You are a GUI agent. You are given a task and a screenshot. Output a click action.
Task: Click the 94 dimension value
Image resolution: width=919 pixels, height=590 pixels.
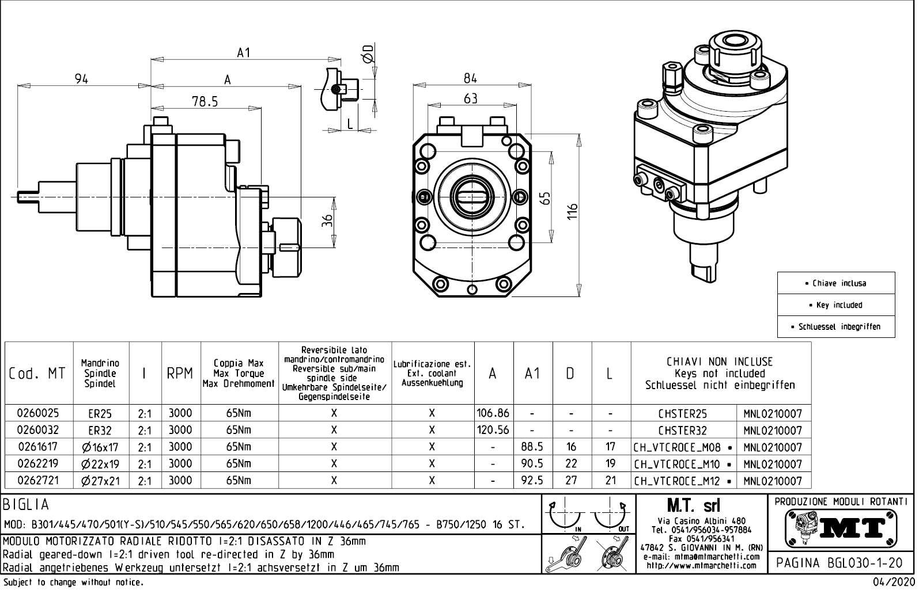click(81, 79)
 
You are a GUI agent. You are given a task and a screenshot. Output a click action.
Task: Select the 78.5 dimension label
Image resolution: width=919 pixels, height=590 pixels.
click(205, 101)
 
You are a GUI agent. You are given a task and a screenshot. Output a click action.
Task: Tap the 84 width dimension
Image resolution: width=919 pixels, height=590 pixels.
click(471, 78)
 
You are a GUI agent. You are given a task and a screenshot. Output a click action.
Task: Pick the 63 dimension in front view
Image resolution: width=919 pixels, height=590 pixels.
click(471, 99)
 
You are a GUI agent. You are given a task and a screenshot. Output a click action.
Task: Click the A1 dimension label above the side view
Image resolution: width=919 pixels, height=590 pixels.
click(244, 52)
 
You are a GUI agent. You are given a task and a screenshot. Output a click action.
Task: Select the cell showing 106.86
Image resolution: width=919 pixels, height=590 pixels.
click(493, 413)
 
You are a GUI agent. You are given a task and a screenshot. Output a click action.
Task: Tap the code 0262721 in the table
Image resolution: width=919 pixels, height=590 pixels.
click(38, 480)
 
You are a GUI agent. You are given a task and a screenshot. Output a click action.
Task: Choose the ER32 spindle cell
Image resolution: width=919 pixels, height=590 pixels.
click(100, 431)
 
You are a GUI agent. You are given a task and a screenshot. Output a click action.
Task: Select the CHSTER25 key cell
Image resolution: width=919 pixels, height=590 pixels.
click(683, 414)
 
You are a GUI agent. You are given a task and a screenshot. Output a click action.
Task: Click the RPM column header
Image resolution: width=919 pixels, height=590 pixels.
click(180, 374)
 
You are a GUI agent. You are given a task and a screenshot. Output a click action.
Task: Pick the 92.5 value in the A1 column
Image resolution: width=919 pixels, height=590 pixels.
click(532, 480)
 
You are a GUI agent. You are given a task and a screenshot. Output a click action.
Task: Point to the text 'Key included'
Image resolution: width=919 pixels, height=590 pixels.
click(839, 305)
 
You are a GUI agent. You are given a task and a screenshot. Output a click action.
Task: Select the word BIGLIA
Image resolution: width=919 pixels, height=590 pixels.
click(27, 505)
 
